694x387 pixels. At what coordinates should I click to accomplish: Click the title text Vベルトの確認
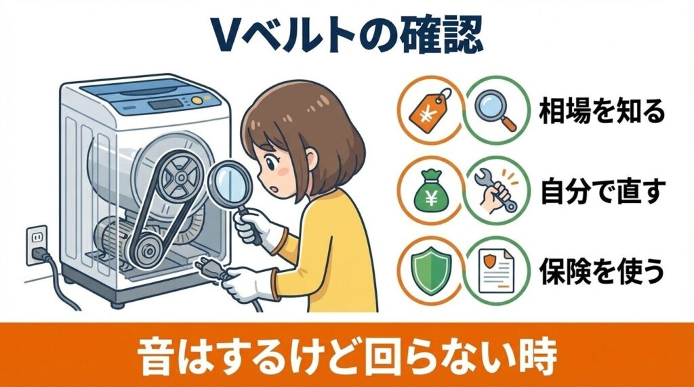coord(346,34)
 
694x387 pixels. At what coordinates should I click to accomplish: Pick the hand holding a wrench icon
coord(497,191)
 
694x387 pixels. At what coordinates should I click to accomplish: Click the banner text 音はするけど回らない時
coord(346,354)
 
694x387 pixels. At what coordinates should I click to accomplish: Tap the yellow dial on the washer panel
coord(196,100)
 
